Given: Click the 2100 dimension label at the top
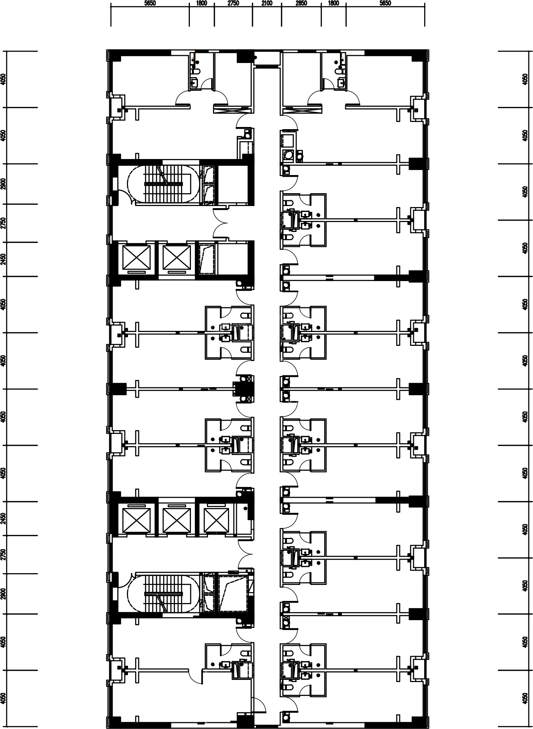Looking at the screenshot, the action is tap(267, 3).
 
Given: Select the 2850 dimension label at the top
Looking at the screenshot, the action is tap(301, 3).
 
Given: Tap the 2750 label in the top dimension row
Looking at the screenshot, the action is tap(233, 3).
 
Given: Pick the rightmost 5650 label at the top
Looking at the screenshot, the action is tap(385, 3).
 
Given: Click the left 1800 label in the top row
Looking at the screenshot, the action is tap(201, 3).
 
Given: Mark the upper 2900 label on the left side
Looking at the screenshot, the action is tap(3, 184).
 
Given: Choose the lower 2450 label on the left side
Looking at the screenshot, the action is tap(3, 518).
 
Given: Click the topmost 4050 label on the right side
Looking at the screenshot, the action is tap(524, 79).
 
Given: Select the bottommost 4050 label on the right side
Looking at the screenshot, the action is tap(524, 698).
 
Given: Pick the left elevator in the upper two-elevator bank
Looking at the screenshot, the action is tap(137, 257).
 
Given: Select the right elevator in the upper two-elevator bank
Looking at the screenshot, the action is tap(177, 257).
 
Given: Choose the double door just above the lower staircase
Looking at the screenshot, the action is tap(245, 555).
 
